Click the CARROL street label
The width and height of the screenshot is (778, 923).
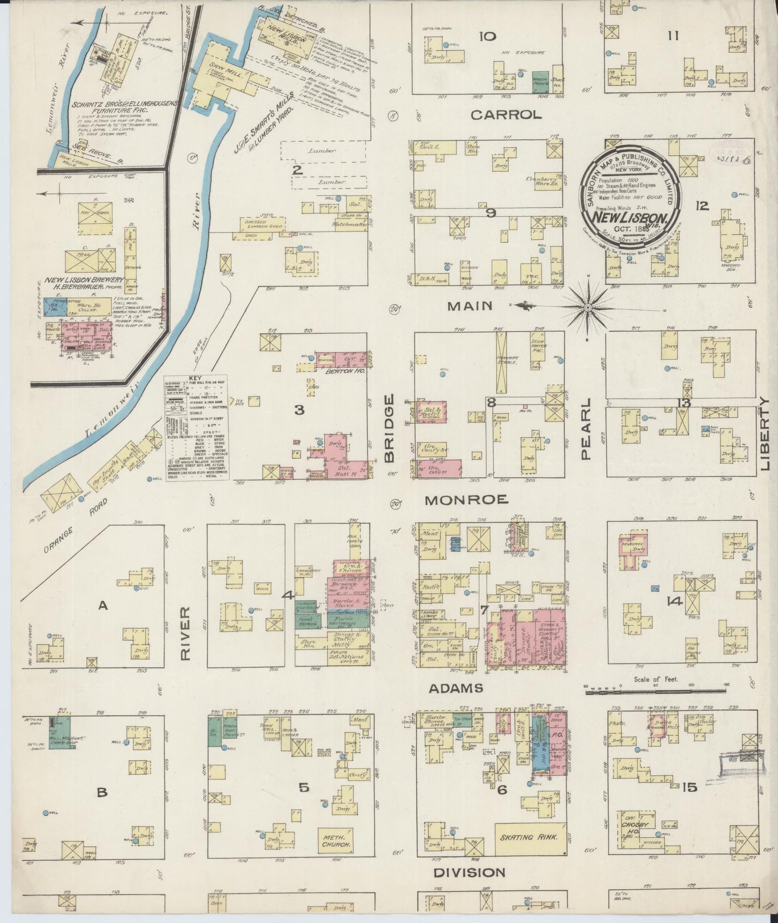tap(505, 115)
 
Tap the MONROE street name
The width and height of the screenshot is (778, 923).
tap(466, 500)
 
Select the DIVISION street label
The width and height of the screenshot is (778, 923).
tap(469, 873)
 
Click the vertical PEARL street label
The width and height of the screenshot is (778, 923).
tap(586, 429)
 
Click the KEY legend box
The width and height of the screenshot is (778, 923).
tap(197, 428)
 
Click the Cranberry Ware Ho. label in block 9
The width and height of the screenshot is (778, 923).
tap(544, 181)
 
